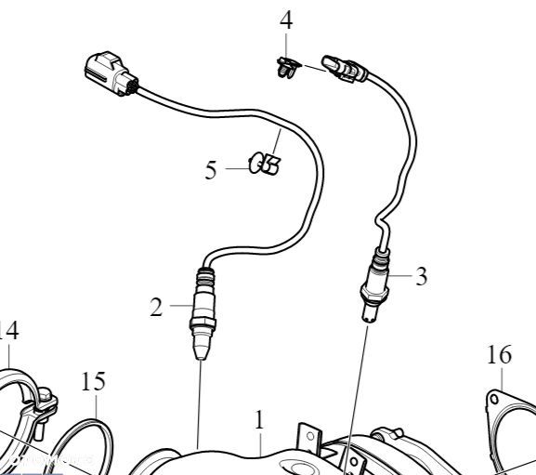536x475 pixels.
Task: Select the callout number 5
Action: [211, 170]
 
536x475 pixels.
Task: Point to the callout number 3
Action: [421, 277]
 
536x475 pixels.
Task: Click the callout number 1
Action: [260, 419]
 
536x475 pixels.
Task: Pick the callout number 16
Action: [500, 354]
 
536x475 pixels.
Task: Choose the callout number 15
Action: [93, 382]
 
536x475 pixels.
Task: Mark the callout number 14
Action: [8, 330]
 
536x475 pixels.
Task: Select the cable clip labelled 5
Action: [267, 165]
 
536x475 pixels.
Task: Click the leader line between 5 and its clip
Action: [236, 169]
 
